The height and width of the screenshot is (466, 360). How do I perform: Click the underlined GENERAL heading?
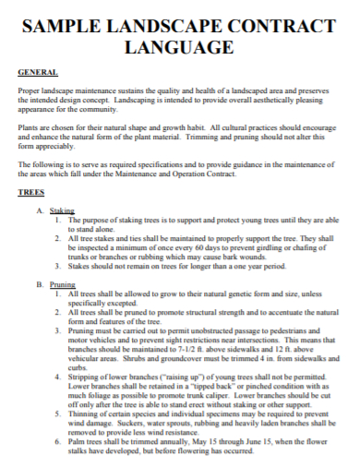tap(38, 71)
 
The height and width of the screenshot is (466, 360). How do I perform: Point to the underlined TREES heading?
tap(32, 194)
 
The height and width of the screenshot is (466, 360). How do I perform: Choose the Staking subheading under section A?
tap(61, 211)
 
